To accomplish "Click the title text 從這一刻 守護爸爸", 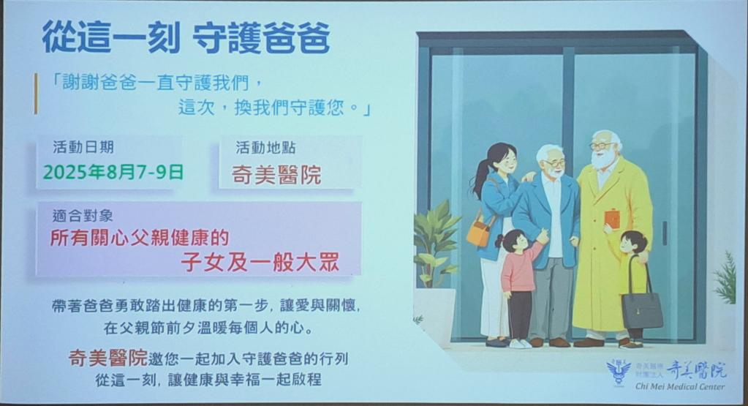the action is [x=186, y=38].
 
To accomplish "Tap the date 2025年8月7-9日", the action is [x=113, y=172].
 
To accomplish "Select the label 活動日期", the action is [x=83, y=147].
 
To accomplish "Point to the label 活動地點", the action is [x=265, y=148].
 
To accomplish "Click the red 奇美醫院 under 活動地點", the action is [x=276, y=175].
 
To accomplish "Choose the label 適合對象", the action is [x=83, y=216].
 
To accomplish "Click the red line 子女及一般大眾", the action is [x=260, y=262].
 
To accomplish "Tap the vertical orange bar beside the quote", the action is [x=35, y=94].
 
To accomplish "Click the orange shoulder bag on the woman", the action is [x=479, y=231].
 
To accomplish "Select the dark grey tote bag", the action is [x=642, y=309].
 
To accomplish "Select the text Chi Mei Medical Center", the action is [x=679, y=386].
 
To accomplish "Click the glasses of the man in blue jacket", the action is [x=554, y=163].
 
